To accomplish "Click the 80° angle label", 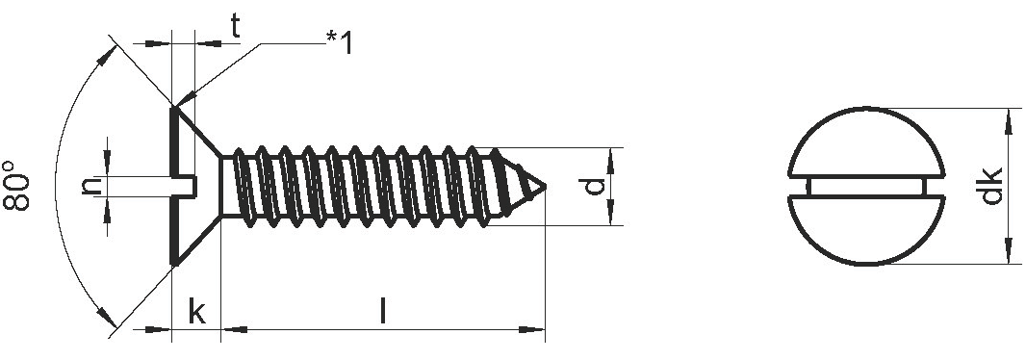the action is pyautogui.click(x=16, y=185).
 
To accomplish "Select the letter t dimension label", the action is pyautogui.click(x=235, y=27).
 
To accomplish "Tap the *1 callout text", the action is pyautogui.click(x=340, y=42).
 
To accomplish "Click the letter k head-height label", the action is pyautogui.click(x=196, y=312).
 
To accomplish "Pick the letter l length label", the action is pyautogui.click(x=383, y=312).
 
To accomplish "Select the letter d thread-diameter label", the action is pyautogui.click(x=593, y=187).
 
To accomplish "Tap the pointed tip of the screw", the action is pyautogui.click(x=545, y=187).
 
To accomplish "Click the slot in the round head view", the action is pyautogui.click(x=867, y=187).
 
